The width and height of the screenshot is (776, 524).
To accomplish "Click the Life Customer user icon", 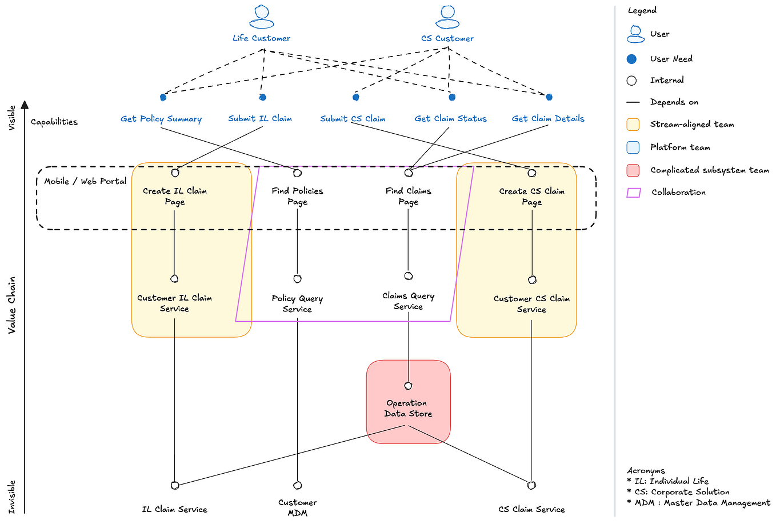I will click(x=262, y=17).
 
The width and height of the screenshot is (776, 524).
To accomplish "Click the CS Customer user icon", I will click(x=447, y=17).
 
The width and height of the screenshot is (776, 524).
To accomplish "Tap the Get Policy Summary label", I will click(x=161, y=119).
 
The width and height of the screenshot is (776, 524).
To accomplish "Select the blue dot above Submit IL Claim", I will click(x=263, y=97).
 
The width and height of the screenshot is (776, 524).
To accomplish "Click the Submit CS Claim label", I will click(x=353, y=119).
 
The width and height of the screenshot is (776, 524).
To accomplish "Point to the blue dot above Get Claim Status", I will click(x=452, y=97).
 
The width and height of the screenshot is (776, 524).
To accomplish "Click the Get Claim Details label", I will click(x=548, y=118).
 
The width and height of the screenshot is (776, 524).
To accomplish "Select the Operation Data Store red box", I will click(x=408, y=402).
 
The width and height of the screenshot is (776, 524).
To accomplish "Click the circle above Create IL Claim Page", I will click(x=175, y=173).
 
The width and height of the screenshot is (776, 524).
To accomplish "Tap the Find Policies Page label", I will click(x=297, y=196).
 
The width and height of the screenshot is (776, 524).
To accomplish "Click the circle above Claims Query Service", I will click(x=409, y=276).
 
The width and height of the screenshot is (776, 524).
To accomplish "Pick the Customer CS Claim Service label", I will click(x=531, y=304).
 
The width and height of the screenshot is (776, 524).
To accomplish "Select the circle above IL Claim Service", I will click(x=175, y=485).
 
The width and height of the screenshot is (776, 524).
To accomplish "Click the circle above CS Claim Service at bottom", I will click(x=531, y=485).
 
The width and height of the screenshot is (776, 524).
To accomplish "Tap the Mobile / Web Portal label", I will click(x=85, y=181).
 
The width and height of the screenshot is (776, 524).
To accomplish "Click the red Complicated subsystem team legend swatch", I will click(x=633, y=170).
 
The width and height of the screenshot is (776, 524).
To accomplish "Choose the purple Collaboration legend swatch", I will click(x=633, y=193).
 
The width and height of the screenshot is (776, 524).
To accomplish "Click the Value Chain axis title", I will click(x=11, y=305).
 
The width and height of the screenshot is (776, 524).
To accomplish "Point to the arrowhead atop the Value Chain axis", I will click(x=25, y=104).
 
